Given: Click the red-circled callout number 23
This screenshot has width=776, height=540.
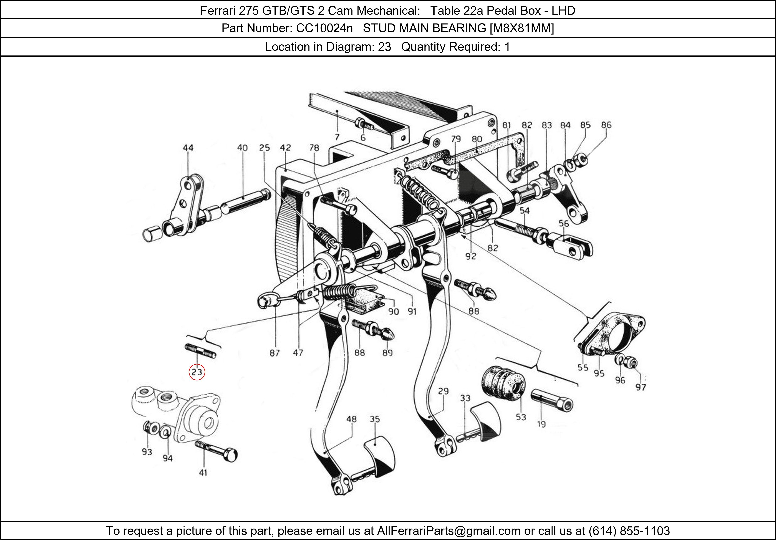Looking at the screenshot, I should (x=197, y=372).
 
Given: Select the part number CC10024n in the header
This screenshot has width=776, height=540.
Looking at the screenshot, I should (x=324, y=28).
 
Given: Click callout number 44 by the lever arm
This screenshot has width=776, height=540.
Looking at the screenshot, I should (x=188, y=148).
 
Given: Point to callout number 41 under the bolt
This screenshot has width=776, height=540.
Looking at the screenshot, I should (x=203, y=472).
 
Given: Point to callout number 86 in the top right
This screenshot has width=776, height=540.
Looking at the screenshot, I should (x=606, y=125).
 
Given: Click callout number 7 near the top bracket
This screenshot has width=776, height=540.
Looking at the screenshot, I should (x=337, y=137).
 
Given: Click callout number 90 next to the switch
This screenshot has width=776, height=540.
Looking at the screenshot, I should (x=393, y=311).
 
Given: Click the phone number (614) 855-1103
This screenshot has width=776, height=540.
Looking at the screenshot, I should (x=629, y=531).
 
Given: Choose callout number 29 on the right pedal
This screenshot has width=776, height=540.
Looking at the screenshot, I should (x=443, y=391).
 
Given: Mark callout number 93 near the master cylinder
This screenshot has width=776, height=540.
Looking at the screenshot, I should (x=147, y=452).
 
